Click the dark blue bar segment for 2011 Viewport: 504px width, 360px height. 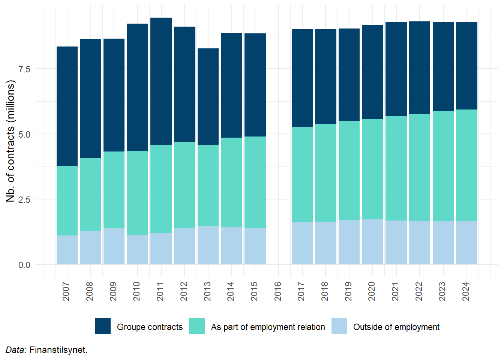161,81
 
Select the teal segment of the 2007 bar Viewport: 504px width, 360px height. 67,201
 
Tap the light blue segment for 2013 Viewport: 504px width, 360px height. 208,245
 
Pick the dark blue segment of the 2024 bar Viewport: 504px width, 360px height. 466,66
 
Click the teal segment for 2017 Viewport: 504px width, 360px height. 302,174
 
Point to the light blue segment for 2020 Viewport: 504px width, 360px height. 373,242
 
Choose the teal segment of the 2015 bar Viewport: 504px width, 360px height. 255,182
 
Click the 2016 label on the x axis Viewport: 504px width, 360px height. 278,291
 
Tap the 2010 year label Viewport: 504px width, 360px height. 136,291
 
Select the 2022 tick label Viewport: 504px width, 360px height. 419,291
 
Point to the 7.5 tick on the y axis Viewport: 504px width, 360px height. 24,69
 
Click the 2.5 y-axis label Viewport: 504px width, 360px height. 24,199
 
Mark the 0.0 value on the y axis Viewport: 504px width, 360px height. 24,265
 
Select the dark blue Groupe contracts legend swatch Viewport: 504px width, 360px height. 103,326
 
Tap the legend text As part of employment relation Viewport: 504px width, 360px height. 268,327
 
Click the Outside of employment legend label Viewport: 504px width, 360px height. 396,327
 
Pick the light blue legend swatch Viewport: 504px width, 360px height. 339,326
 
